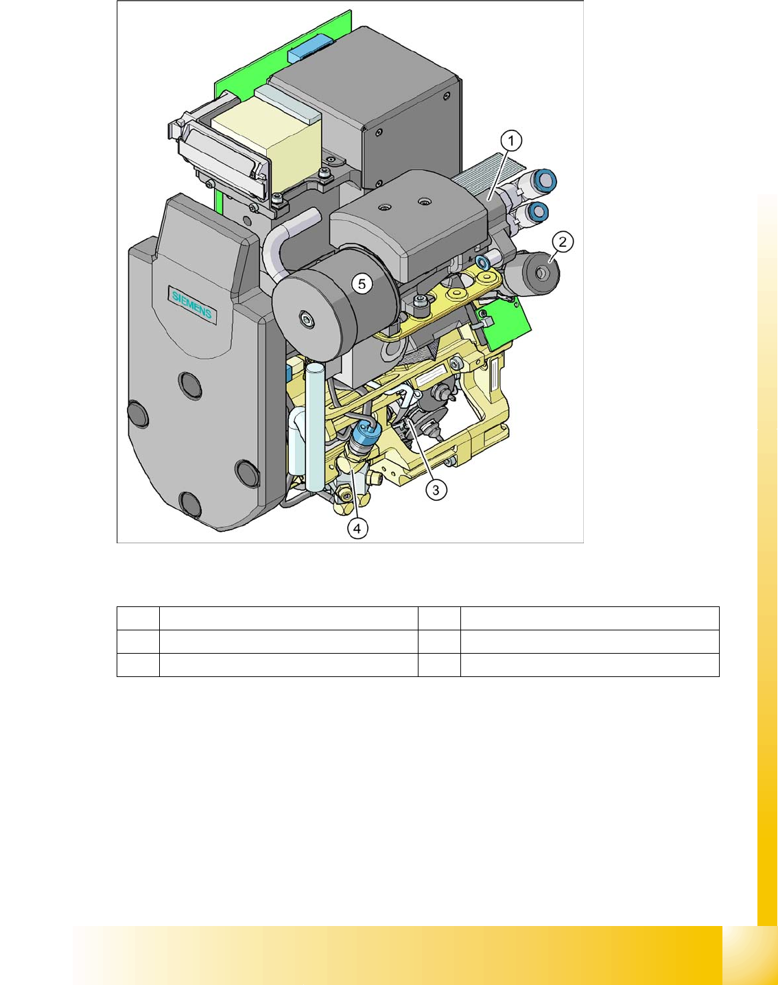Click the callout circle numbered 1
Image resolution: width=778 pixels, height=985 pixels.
tap(511, 141)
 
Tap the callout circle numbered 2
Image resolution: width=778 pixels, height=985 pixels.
tap(563, 241)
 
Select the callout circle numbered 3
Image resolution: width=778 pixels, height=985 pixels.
tap(436, 490)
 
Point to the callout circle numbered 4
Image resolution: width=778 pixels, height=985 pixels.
tap(357, 529)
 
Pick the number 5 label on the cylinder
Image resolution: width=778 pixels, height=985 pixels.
tap(362, 284)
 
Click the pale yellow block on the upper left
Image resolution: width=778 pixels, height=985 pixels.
tap(266, 142)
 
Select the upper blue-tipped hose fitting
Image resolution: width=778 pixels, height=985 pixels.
tap(545, 180)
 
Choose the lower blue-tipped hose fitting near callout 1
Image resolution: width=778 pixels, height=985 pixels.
tap(538, 211)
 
